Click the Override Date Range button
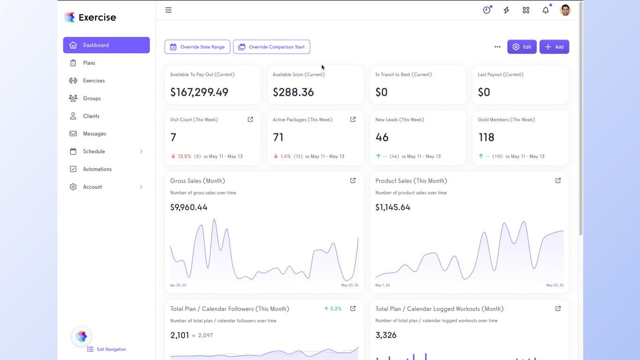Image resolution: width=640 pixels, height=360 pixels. tap(197, 47)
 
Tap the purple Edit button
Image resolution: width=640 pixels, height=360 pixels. tap(521, 47)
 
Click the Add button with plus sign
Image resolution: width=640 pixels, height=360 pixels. tap(554, 47)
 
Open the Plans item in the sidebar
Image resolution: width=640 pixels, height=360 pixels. tap(89, 63)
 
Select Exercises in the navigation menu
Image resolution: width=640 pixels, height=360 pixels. tap(94, 81)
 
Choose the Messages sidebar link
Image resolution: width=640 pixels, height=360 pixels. tap(94, 134)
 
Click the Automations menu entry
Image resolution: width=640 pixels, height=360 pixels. tap(97, 169)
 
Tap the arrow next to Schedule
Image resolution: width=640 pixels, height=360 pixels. tap(141, 151)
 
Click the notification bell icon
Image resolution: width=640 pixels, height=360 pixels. tap(545, 10)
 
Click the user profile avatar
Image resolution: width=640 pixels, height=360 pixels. tap(565, 10)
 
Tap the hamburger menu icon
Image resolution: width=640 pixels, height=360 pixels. tap(168, 10)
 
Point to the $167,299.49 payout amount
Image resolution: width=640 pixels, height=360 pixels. tap(199, 92)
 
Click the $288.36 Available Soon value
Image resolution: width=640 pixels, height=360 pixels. tap(293, 92)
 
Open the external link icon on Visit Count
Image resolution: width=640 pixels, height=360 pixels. tap(250, 120)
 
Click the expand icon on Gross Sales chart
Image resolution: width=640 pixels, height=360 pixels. tap(353, 180)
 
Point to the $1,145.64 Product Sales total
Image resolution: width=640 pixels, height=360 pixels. tap(393, 207)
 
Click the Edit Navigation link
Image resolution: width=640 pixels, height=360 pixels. tap(111, 349)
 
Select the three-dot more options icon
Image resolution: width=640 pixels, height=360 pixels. tap(497, 47)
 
